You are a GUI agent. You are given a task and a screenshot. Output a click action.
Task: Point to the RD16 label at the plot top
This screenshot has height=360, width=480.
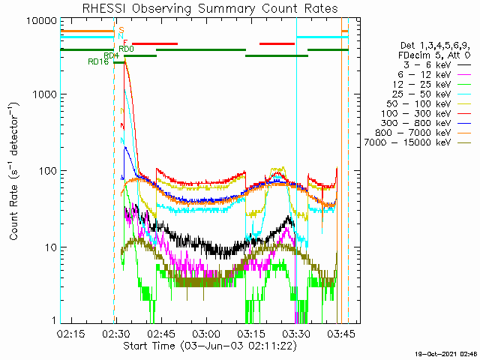98,62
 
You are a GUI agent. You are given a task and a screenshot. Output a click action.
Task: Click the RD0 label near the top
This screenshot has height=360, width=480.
127,49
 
